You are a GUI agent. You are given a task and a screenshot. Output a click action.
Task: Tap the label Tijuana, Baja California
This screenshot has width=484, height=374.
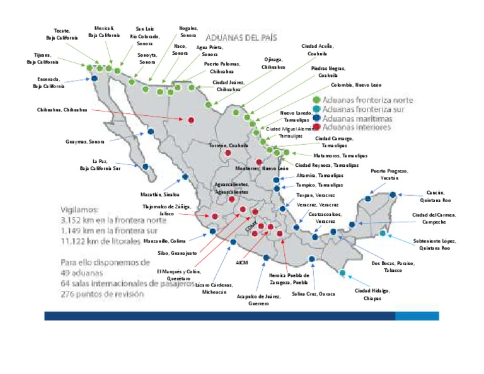42,59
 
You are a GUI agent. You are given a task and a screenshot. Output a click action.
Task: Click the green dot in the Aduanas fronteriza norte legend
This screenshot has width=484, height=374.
316,100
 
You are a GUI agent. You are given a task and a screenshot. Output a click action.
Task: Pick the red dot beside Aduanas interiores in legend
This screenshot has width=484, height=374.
316,127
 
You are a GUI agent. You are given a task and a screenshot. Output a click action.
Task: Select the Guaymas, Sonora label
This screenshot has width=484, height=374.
85,142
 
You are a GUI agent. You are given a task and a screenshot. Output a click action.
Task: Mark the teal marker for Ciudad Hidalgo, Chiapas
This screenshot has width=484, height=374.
342,273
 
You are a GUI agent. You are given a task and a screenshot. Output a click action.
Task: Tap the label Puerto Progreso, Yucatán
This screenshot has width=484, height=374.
389,174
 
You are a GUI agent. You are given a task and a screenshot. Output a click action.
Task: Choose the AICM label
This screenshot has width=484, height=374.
242,261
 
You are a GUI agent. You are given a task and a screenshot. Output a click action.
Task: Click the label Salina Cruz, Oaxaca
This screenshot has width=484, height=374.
314,293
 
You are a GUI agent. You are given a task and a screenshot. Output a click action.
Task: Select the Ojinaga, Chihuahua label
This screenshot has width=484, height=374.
274,63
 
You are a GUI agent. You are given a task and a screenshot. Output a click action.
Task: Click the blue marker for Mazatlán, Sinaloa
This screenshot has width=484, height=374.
185,177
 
